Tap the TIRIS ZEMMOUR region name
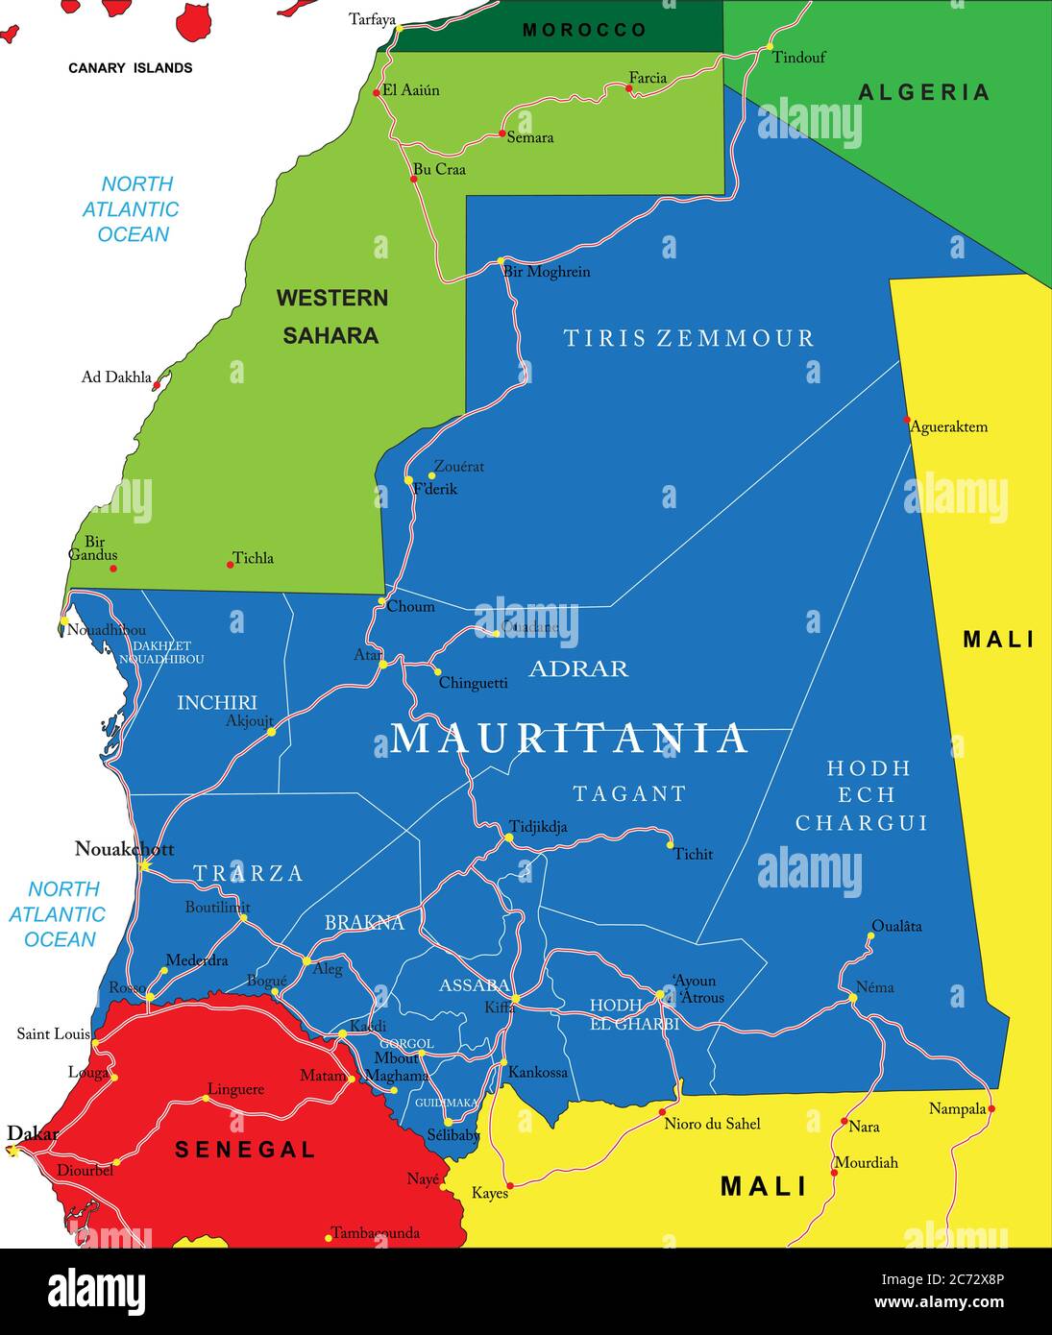[688, 338]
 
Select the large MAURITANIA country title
[569, 738]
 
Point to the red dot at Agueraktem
[907, 420]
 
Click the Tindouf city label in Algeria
[798, 58]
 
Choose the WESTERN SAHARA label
[331, 316]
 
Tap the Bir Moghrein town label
[546, 272]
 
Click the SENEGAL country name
[245, 1150]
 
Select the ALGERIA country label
[923, 92]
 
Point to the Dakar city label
[33, 1134]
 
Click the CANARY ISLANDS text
[130, 68]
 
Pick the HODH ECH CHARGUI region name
[862, 795]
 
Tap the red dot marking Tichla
[231, 565]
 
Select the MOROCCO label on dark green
[584, 31]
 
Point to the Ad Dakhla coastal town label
[116, 377]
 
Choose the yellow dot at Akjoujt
[272, 732]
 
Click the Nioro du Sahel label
[712, 1124]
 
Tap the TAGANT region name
[629, 794]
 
